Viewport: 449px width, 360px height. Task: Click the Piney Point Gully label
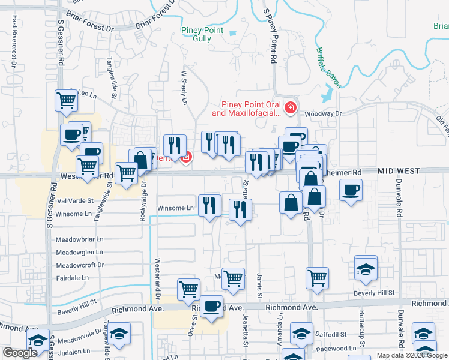pos(202,34)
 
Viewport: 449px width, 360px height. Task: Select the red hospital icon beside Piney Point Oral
pos(291,108)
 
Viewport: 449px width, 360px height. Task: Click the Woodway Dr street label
pos(322,113)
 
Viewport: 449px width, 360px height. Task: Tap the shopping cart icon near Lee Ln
pos(66,100)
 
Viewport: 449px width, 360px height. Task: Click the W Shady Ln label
pos(185,88)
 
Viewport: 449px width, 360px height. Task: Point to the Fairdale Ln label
pos(72,278)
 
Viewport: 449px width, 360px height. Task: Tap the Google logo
pos(20,353)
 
